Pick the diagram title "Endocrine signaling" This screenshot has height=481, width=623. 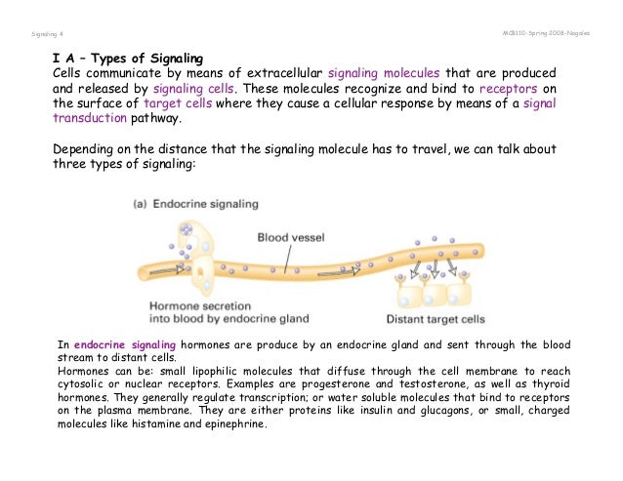click(x=211, y=204)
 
